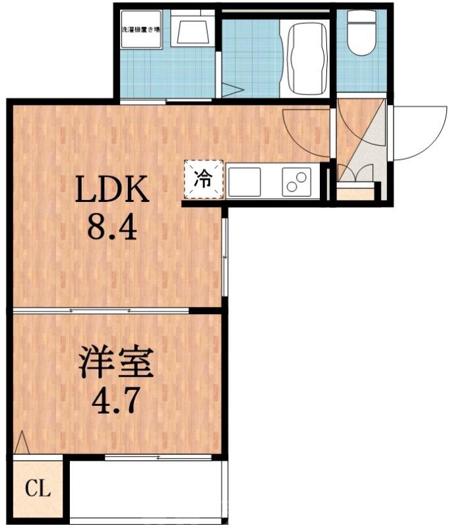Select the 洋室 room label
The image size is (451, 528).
tap(116, 362)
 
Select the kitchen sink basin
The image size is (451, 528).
tap(245, 181)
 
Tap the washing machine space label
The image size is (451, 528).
tap(141, 30)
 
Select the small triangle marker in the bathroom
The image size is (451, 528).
tap(231, 91)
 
